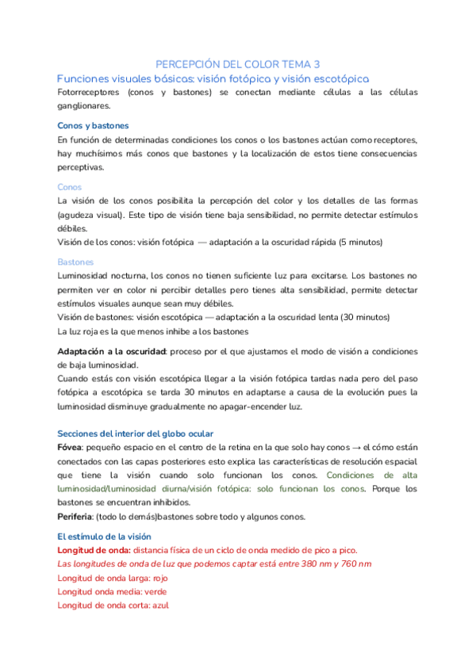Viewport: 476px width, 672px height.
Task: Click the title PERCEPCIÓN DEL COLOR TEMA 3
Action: point(238,64)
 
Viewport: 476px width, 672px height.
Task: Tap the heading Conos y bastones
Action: point(93,126)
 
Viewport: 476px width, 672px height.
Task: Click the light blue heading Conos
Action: point(70,187)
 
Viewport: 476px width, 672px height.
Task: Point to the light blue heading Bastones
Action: point(76,262)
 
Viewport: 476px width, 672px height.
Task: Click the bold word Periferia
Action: point(79,517)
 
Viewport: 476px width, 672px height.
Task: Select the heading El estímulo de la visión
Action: point(113,536)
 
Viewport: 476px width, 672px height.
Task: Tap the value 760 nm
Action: point(354,563)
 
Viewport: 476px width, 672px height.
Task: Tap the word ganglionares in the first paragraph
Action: point(84,106)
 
